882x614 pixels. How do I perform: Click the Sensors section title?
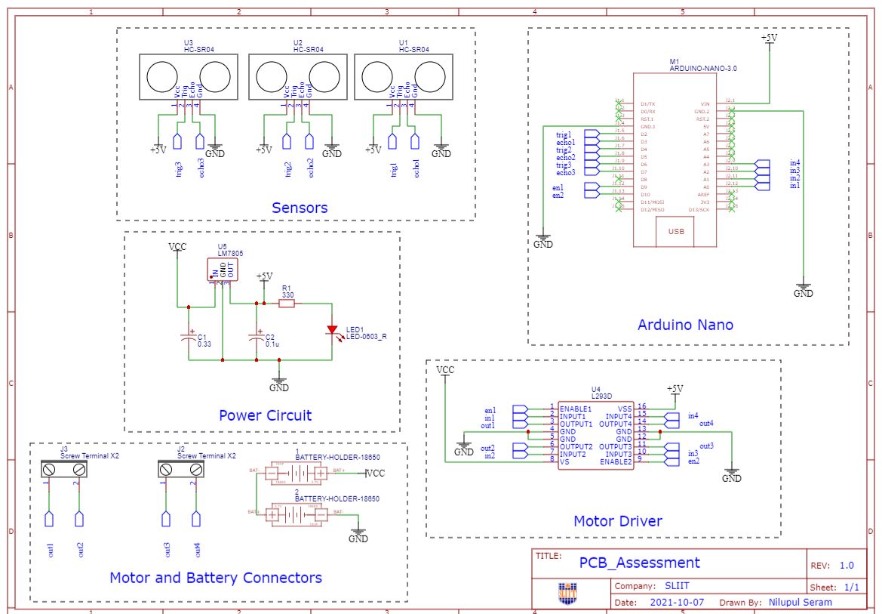pos(300,208)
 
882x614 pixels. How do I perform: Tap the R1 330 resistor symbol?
pos(287,304)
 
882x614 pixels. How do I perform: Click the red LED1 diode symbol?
pos(332,330)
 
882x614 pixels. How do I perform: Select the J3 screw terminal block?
pos(63,469)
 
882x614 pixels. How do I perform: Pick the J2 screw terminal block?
pos(181,469)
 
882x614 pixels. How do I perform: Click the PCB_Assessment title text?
pos(639,563)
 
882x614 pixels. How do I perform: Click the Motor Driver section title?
pos(618,520)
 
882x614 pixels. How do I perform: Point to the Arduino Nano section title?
pos(685,325)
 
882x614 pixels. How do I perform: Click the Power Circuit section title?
pos(265,415)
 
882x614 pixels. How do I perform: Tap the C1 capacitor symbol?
pos(189,338)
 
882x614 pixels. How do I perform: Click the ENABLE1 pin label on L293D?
pos(576,408)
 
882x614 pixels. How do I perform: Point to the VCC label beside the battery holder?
pos(375,474)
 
